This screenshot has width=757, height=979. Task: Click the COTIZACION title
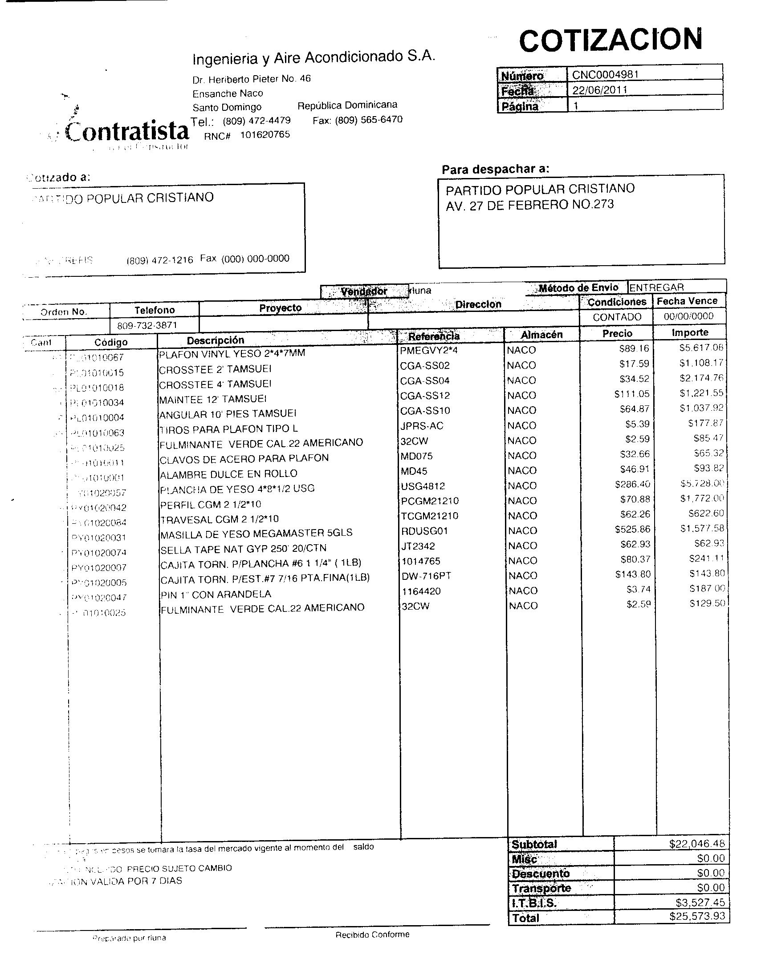(x=610, y=40)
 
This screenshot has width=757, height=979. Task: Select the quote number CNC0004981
(x=605, y=74)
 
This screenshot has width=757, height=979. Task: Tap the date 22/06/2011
(x=600, y=89)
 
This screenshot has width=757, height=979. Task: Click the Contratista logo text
(x=127, y=131)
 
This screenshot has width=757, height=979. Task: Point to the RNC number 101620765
(x=265, y=134)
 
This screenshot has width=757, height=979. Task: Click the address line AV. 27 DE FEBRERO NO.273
(x=529, y=205)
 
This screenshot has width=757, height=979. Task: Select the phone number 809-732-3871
(x=147, y=325)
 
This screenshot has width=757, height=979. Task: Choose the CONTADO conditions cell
(x=617, y=317)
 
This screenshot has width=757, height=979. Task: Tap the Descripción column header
(x=215, y=340)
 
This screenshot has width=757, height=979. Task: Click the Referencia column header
(x=434, y=336)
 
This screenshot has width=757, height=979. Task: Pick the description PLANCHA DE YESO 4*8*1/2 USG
(x=237, y=489)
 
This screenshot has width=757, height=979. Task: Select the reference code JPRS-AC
(x=422, y=426)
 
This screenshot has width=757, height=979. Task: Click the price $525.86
(x=632, y=530)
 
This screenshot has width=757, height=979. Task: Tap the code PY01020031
(x=99, y=538)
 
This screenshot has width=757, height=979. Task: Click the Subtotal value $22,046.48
(x=697, y=844)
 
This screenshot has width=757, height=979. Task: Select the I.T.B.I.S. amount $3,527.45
(x=700, y=902)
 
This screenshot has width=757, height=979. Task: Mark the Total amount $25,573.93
(x=697, y=916)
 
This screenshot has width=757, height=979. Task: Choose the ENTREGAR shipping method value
(x=656, y=287)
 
